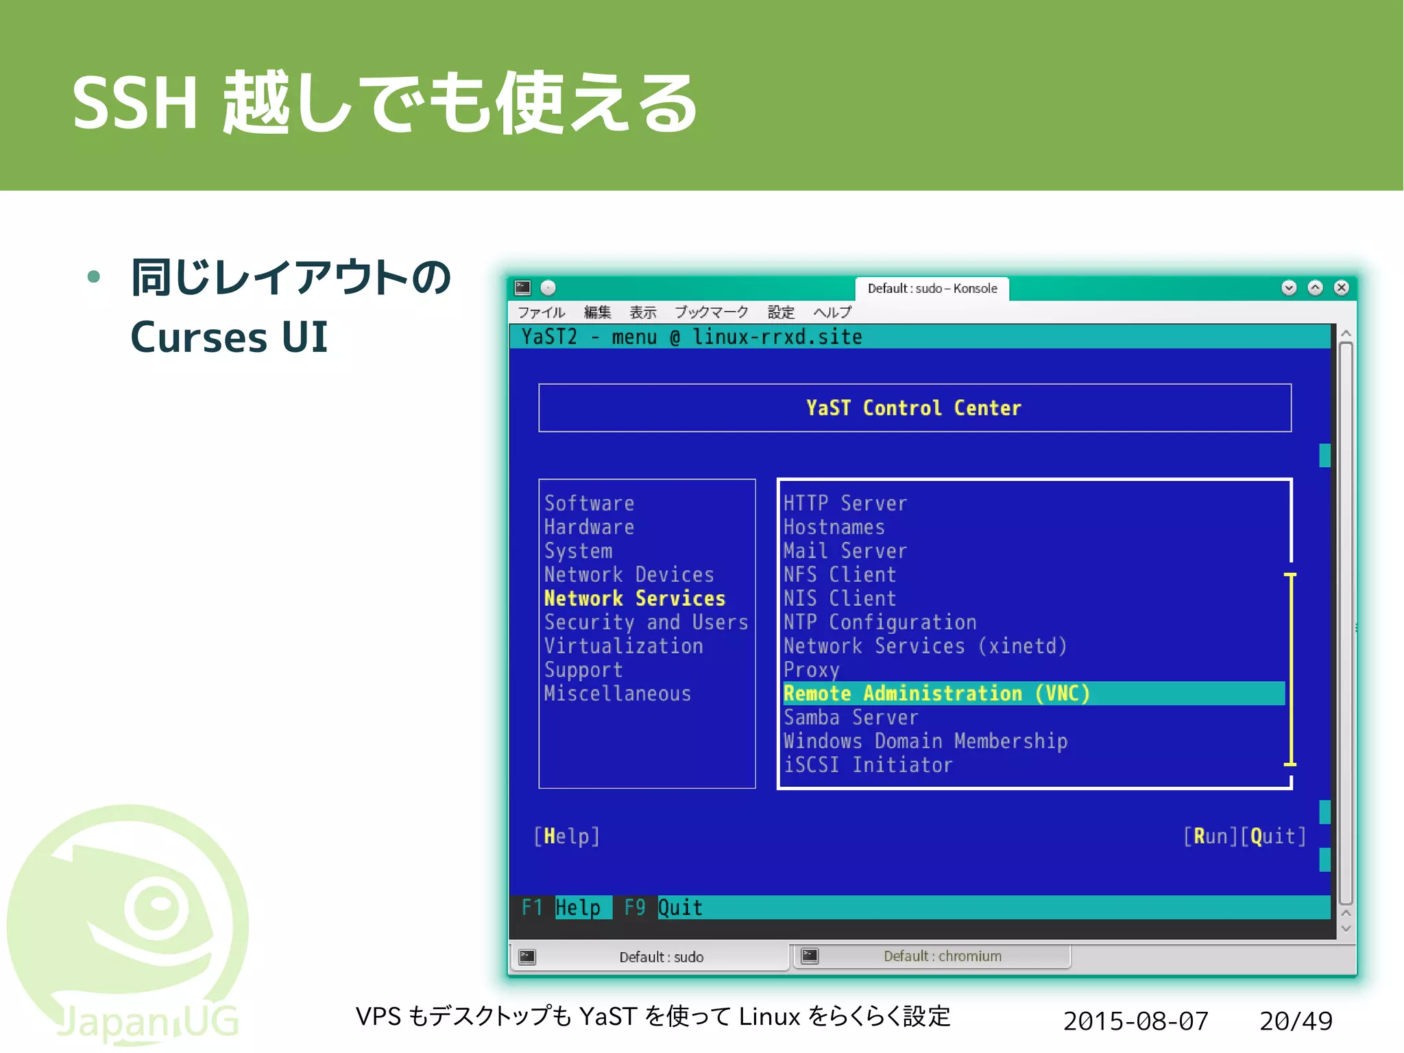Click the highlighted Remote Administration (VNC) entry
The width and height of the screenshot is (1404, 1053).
[936, 694]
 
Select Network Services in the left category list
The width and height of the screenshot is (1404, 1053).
[634, 598]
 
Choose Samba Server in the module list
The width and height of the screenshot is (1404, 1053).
[850, 718]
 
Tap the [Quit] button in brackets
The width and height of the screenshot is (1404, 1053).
[1273, 836]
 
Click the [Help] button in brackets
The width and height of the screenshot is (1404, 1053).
[566, 836]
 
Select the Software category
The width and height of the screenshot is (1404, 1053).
[589, 504]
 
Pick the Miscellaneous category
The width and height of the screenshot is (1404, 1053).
[617, 694]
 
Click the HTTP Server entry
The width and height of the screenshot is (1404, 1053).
[845, 504]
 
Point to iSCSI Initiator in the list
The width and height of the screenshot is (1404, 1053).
[867, 765]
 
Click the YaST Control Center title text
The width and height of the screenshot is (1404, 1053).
[913, 408]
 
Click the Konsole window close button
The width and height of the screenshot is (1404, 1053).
[1342, 287]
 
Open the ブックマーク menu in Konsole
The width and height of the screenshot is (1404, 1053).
[711, 313]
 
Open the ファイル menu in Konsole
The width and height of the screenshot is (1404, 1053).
[541, 313]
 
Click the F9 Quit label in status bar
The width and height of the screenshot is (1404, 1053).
[664, 908]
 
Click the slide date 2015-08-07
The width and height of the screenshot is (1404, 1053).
[1135, 1021]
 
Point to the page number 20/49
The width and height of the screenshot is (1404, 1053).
[1296, 1021]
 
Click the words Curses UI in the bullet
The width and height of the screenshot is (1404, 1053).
[229, 338]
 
